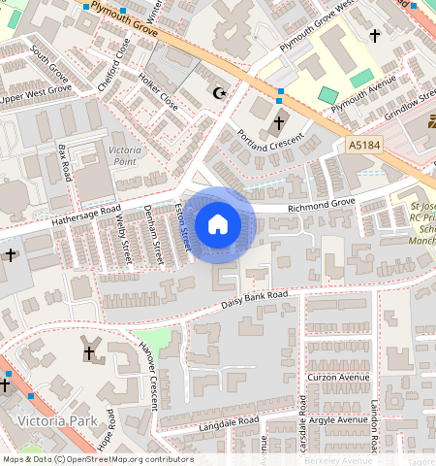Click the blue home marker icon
point(218,225)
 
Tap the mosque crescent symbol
point(220,93)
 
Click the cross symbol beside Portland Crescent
point(279,123)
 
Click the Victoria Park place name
point(56,421)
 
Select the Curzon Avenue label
point(339,377)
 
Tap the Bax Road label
point(66,163)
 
